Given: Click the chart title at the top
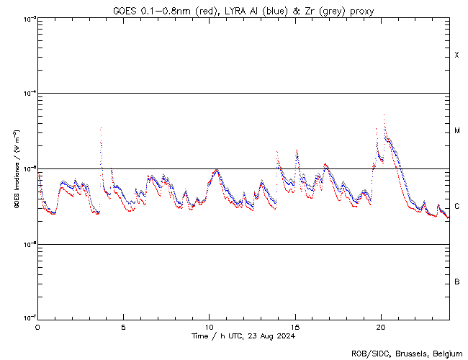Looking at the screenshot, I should [243, 11].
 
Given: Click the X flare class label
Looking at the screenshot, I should [457, 55].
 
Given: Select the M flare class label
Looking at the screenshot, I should [457, 131].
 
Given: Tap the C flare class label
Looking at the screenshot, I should [457, 207].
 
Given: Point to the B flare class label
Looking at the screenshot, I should [457, 282].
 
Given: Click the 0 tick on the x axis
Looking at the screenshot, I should [37, 326].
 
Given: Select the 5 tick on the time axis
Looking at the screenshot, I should [123, 326].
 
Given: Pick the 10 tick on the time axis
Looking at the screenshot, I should [209, 326].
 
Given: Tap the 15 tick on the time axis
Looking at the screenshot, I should [294, 326].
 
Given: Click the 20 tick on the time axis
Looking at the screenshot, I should [380, 326].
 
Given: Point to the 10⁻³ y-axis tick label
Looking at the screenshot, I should [28, 19].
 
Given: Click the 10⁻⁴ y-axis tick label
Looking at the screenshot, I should [28, 94].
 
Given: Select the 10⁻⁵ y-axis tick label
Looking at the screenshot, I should [28, 169].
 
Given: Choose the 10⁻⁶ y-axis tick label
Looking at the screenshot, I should [28, 244].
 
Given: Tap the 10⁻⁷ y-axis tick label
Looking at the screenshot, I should [28, 319].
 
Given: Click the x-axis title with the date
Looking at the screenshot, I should [243, 336].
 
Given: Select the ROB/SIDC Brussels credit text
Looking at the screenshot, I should [406, 353].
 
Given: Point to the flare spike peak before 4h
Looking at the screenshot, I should [101, 128].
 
